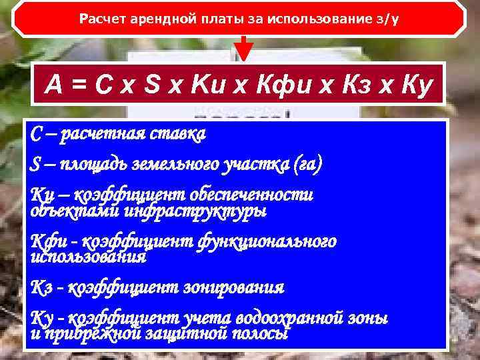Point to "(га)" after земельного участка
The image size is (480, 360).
pyautogui.click(x=307, y=163)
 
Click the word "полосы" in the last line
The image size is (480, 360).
pyautogui.click(x=264, y=333)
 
